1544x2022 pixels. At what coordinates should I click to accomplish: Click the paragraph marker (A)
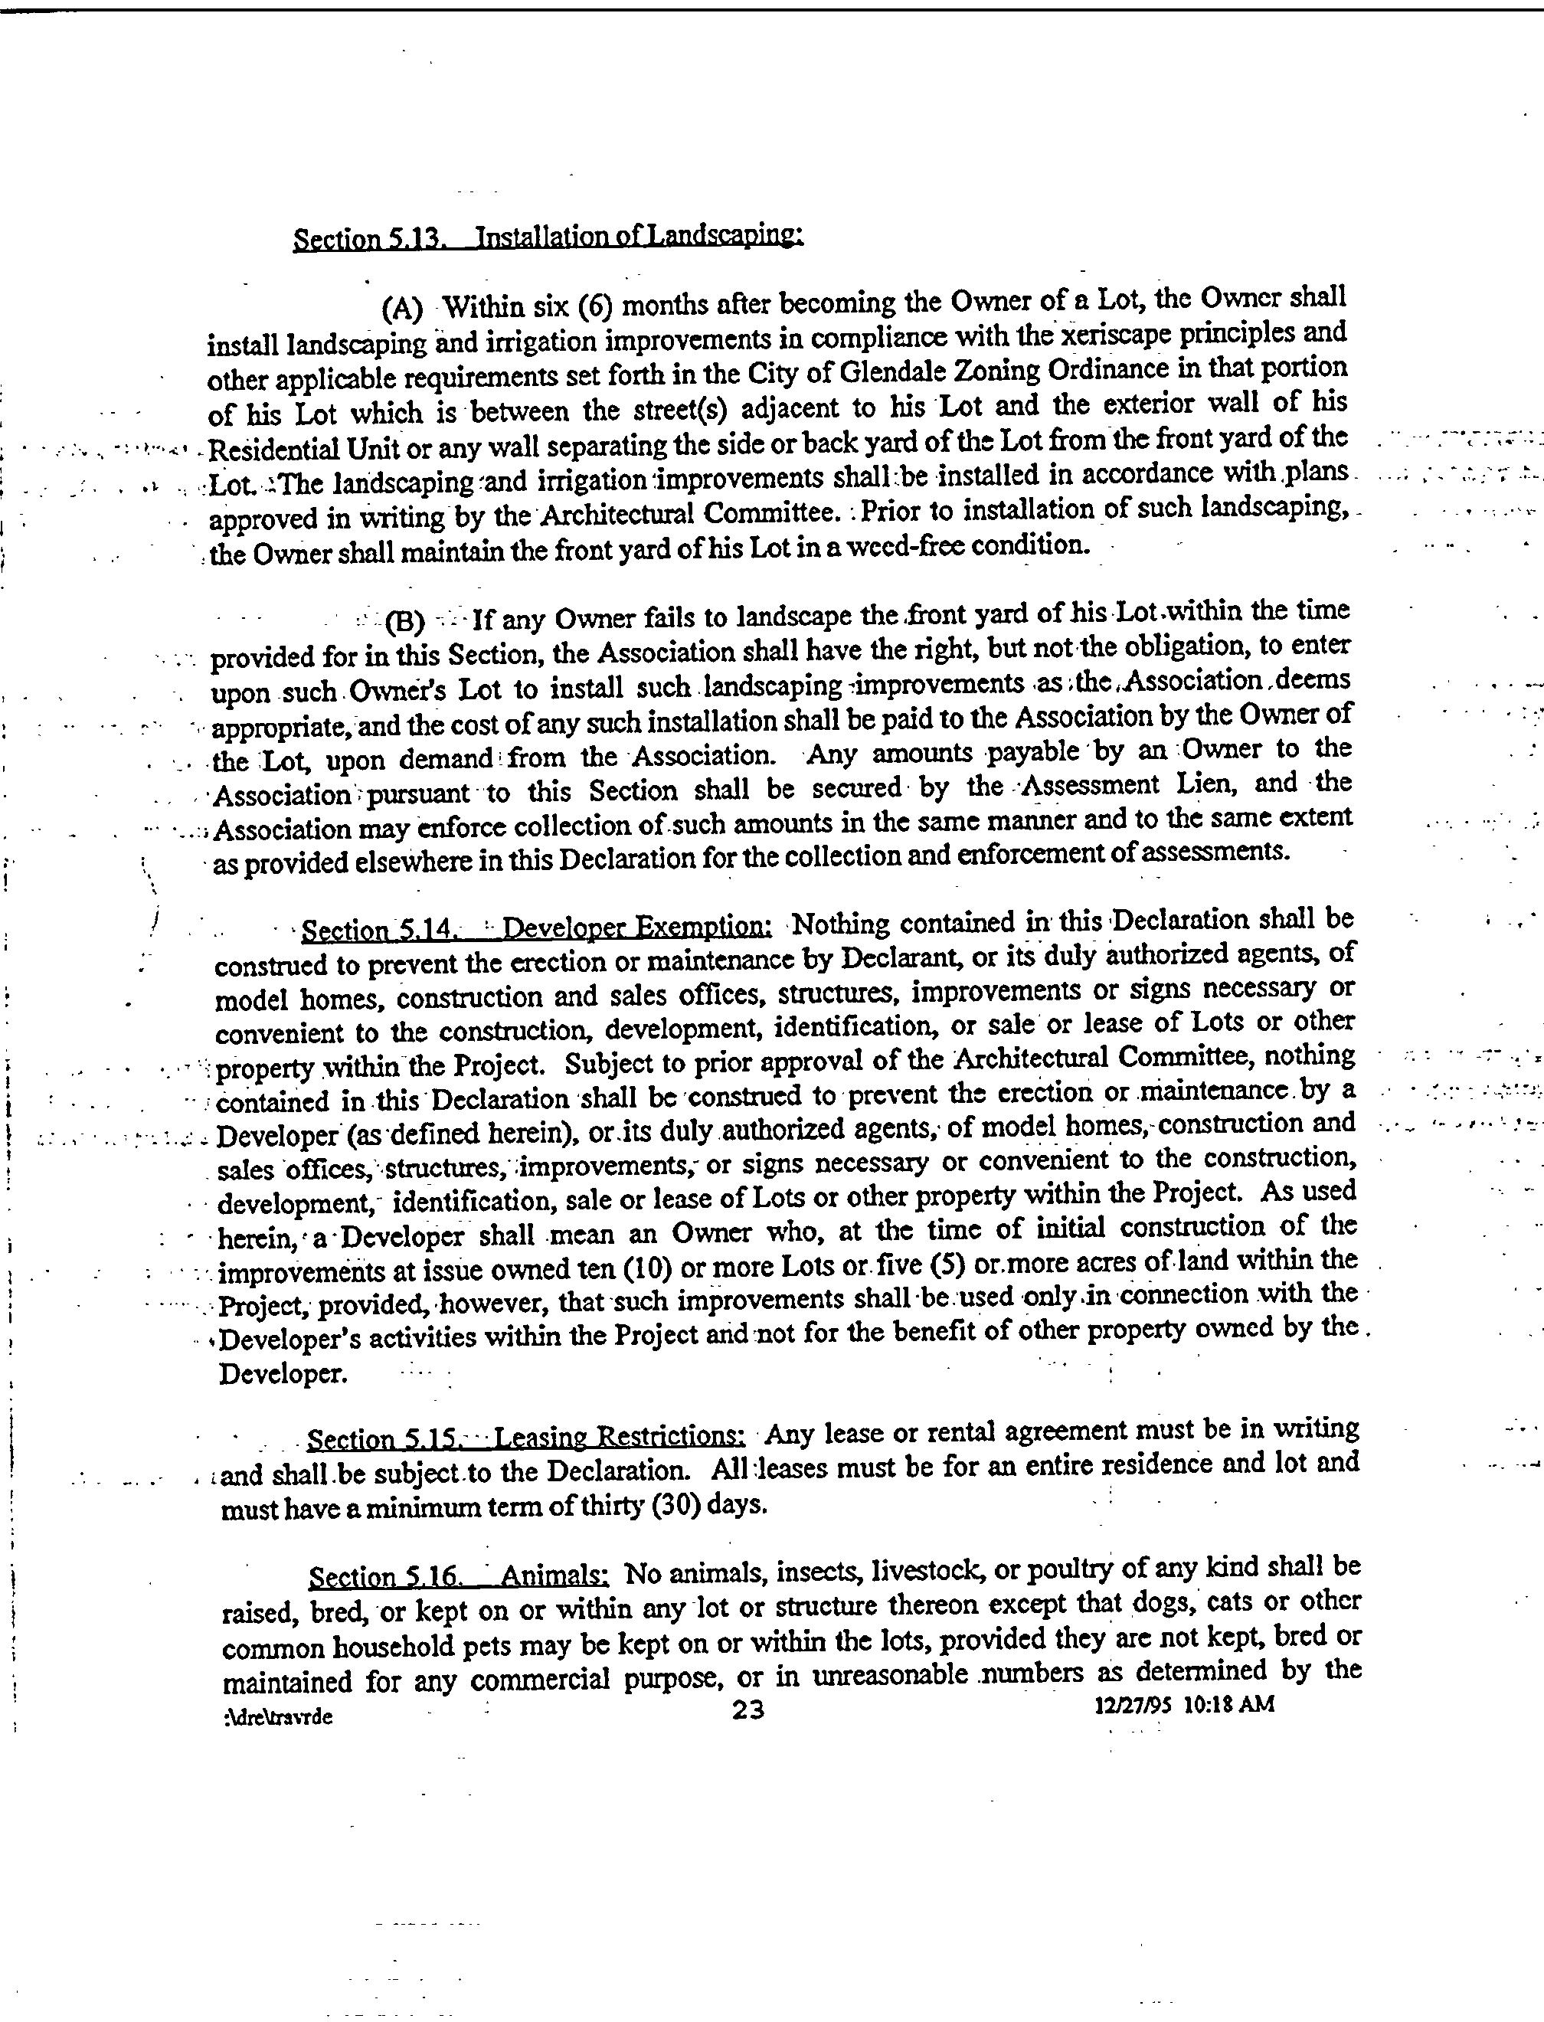click(401, 307)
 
